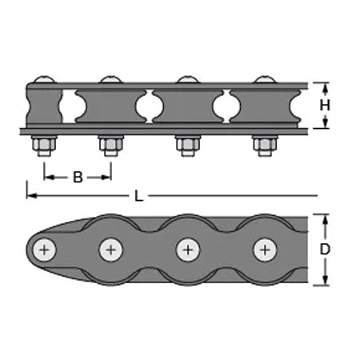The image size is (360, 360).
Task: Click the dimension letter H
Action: pyautogui.click(x=325, y=106)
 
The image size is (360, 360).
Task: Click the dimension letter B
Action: pyautogui.click(x=78, y=177)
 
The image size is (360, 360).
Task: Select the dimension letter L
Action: pyautogui.click(x=138, y=196)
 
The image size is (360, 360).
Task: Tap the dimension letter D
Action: pyautogui.click(x=325, y=250)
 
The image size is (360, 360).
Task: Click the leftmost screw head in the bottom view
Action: pyautogui.click(x=45, y=250)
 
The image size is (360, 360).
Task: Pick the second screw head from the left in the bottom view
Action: pyautogui.click(x=111, y=250)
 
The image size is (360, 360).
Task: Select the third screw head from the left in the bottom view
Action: pyautogui.click(x=188, y=250)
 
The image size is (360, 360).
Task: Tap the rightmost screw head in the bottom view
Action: pyautogui.click(x=265, y=250)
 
